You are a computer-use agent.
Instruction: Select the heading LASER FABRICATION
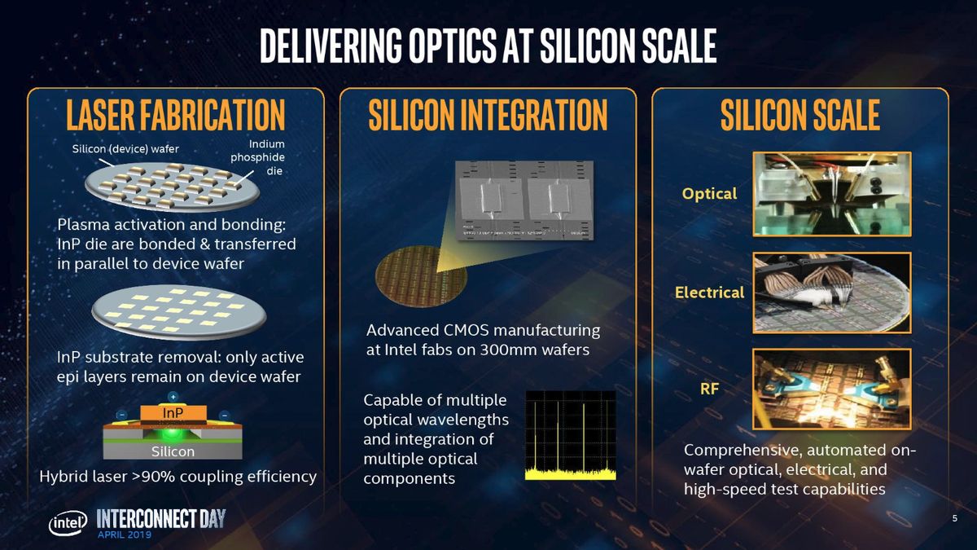[x=175, y=115]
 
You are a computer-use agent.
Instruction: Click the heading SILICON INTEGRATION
[x=488, y=115]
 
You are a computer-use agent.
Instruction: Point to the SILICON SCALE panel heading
[x=800, y=115]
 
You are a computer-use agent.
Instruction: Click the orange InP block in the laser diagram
[x=173, y=413]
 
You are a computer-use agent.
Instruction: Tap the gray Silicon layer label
[x=173, y=451]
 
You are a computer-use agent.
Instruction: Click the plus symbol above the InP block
[x=173, y=396]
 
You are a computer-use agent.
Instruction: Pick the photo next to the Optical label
[x=831, y=193]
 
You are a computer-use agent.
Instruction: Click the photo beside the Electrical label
[x=831, y=291]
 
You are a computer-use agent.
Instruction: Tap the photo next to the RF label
[x=831, y=389]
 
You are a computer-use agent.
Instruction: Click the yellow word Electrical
[x=709, y=292]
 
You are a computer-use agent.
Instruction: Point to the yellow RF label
[x=709, y=389]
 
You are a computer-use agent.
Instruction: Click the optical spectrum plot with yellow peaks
[x=570, y=434]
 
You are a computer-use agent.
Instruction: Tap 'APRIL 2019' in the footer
[x=124, y=535]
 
